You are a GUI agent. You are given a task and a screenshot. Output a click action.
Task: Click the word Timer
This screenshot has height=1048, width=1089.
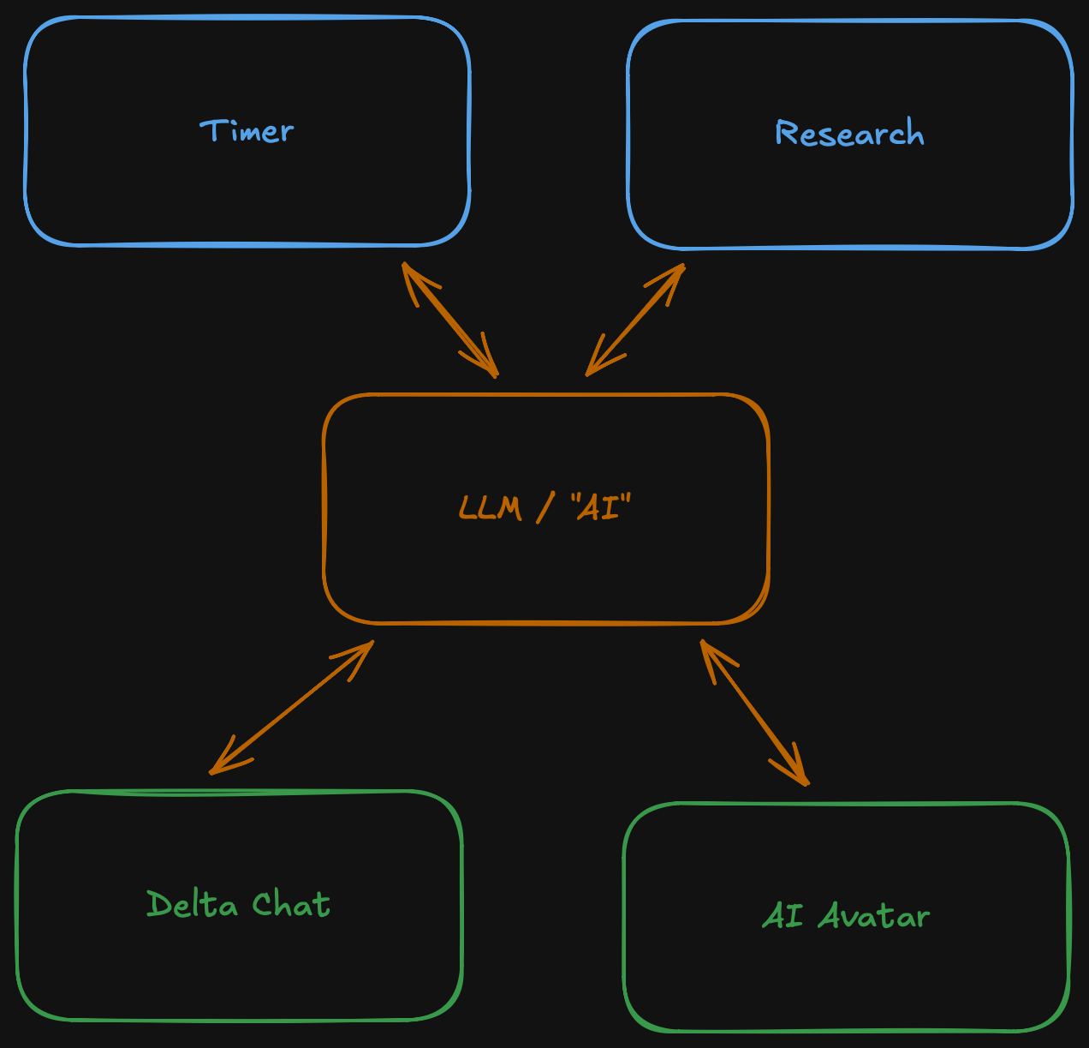(247, 131)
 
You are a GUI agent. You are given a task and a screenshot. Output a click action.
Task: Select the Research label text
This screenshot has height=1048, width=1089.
(849, 134)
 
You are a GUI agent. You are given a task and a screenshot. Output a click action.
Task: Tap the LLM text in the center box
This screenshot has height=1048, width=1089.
(490, 507)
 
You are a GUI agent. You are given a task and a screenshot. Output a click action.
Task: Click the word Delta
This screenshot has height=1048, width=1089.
(192, 904)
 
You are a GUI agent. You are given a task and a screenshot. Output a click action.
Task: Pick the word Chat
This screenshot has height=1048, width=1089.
(291, 904)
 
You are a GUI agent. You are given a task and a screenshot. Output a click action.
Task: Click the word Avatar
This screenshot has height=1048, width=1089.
(873, 916)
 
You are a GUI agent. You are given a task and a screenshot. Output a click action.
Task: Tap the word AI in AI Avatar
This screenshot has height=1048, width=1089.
(783, 916)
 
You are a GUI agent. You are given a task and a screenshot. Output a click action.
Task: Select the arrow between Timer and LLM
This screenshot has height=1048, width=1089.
(449, 319)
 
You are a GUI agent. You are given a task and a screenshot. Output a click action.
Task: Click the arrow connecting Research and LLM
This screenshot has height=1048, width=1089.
(635, 319)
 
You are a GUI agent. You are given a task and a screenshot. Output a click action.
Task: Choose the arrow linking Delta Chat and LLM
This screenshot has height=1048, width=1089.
(291, 707)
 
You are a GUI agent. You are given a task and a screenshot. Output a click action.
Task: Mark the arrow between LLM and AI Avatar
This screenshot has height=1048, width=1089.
(753, 711)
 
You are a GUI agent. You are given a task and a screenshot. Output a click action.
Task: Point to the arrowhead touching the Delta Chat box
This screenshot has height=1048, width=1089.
(218, 765)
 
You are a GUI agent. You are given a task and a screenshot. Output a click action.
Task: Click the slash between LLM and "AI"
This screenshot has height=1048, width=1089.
(544, 508)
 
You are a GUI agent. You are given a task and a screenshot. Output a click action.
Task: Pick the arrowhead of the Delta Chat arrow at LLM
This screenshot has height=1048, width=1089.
(364, 650)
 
